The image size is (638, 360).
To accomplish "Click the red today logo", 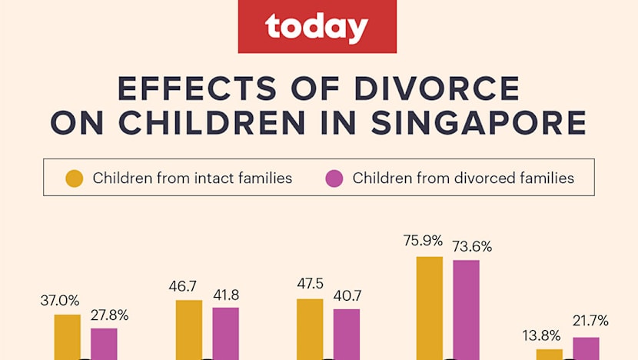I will (x=318, y=28).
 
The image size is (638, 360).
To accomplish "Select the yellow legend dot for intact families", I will (x=75, y=178).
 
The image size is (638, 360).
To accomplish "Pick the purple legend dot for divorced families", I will (x=334, y=178).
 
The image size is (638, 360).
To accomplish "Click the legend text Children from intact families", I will (x=192, y=178).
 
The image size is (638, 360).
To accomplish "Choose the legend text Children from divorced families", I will (x=463, y=178).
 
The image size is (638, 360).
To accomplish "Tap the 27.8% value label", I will (x=108, y=315).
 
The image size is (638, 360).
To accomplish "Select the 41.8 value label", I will (x=225, y=295).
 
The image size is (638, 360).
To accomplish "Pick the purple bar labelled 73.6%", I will (x=466, y=308).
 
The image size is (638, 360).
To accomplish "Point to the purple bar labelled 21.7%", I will (x=586, y=348).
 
